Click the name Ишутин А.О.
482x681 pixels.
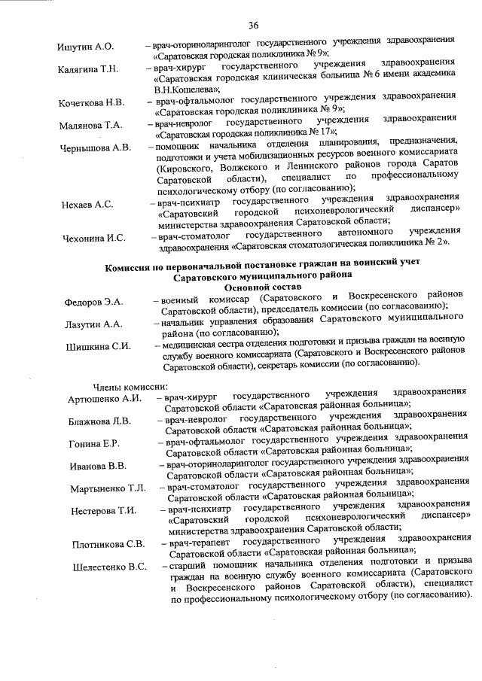pos(86,47)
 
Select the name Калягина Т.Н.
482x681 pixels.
pos(88,70)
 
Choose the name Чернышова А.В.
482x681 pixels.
pos(96,147)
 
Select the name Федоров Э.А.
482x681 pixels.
pos(94,302)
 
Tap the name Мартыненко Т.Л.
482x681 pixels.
pos(108,489)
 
